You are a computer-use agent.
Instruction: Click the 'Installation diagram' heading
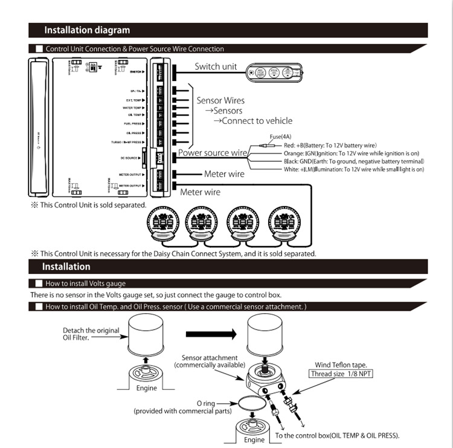(x=86, y=30)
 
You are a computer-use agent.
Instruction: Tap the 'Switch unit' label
(x=216, y=67)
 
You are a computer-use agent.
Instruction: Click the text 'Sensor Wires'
(x=220, y=100)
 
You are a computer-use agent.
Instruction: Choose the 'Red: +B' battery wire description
(x=330, y=146)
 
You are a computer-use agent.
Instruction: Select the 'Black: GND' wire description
(x=353, y=161)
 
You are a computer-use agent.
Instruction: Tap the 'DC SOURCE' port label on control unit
(x=130, y=158)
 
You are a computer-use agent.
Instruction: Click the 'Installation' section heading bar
(x=66, y=267)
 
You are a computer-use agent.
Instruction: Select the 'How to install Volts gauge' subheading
(x=85, y=283)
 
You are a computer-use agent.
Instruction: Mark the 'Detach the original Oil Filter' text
(x=91, y=334)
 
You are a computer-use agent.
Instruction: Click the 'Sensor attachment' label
(x=210, y=358)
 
